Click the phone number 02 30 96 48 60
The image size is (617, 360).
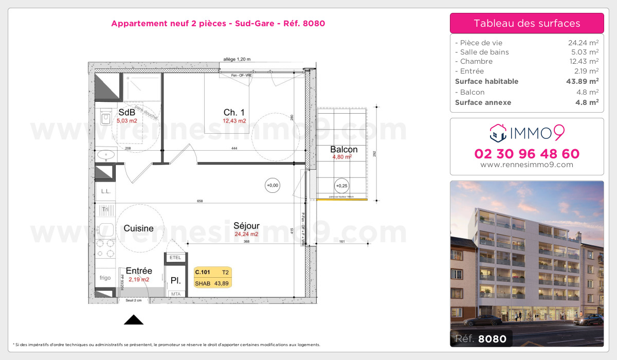tap(527, 154)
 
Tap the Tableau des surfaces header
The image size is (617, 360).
tap(527, 23)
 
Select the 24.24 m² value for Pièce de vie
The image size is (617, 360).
tap(583, 43)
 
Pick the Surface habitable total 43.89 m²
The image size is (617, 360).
tap(583, 81)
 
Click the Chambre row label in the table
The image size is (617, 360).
tap(469, 62)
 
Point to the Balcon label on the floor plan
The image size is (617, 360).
tap(344, 150)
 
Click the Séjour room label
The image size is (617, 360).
tap(246, 226)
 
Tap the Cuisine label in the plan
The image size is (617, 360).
tap(139, 228)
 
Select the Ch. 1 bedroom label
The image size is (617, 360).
tap(234, 113)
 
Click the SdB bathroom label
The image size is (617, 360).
tap(126, 113)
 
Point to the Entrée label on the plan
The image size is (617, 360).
tap(139, 271)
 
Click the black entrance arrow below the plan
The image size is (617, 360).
tap(134, 320)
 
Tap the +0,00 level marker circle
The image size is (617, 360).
tap(272, 185)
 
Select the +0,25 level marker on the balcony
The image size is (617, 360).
tap(341, 186)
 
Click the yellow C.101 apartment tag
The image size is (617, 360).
tap(212, 277)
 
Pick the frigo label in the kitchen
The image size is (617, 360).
tap(105, 278)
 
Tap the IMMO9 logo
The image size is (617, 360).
tap(527, 133)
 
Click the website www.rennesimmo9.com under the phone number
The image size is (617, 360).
tap(527, 165)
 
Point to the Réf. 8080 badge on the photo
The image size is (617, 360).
tap(481, 338)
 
